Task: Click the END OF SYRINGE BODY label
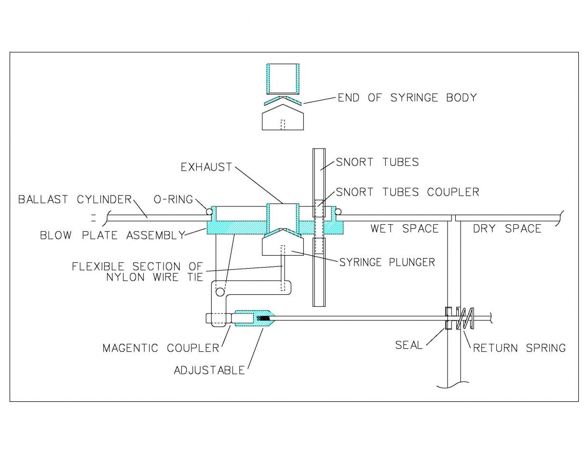407,97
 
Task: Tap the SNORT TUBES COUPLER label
408,192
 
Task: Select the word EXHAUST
206,167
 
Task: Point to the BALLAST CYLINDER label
75,200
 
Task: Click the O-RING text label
173,200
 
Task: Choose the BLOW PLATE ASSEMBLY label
112,235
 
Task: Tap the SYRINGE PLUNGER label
387,262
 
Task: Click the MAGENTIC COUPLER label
161,348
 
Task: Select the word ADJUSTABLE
209,370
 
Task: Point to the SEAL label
409,345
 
